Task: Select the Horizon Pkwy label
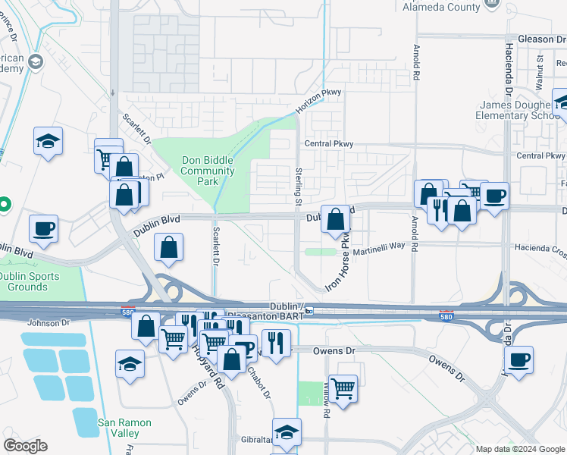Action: tap(318, 102)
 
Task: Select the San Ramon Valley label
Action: tap(124, 428)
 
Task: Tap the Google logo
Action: tap(25, 446)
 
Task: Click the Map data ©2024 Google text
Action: tap(519, 449)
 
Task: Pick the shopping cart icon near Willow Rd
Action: tap(343, 389)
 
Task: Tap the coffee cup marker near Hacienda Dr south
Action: tap(518, 360)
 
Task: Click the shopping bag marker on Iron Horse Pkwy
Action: tap(337, 220)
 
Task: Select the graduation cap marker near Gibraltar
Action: tap(287, 432)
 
